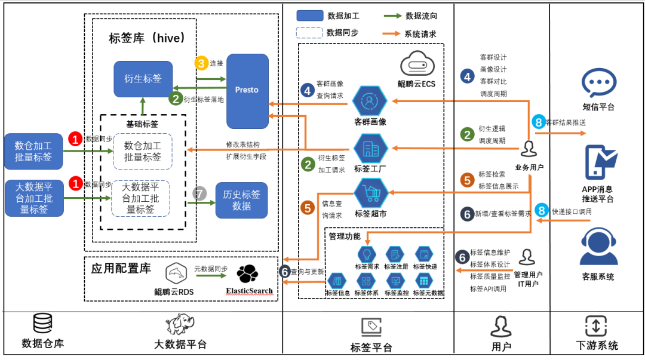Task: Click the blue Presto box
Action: click(x=247, y=91)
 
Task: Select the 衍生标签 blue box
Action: click(x=143, y=78)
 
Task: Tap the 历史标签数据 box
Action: click(x=241, y=200)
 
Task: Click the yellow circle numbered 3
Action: click(x=201, y=63)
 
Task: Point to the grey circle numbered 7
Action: click(x=199, y=193)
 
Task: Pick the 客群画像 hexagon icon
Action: click(x=370, y=101)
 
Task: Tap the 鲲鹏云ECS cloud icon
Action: click(x=416, y=63)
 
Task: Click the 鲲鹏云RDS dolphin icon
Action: click(x=178, y=273)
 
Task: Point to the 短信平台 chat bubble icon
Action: click(x=598, y=82)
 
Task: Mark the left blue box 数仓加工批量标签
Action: click(x=33, y=151)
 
